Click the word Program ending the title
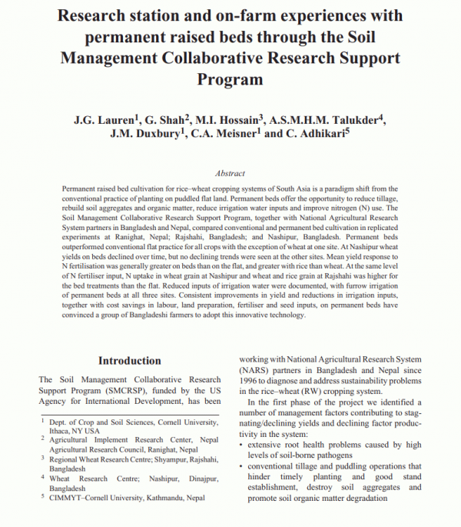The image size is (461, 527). pos(230,79)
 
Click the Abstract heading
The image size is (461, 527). pos(230,174)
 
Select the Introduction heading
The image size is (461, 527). pos(130,360)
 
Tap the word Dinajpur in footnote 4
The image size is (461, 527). pos(179,478)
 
